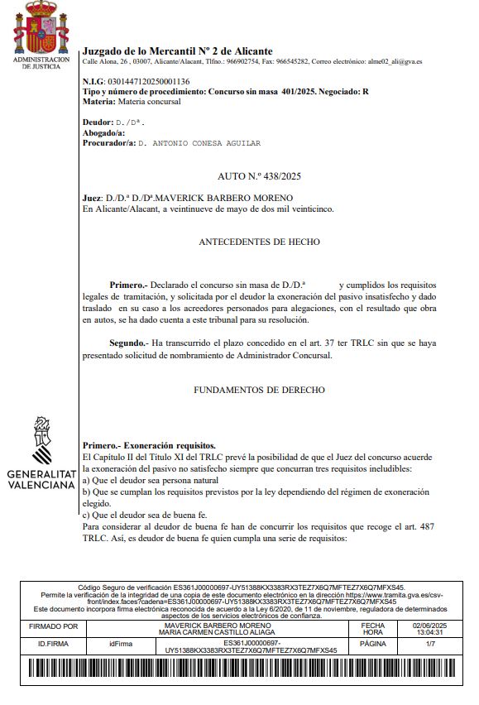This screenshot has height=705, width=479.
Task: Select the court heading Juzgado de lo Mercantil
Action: click(x=177, y=51)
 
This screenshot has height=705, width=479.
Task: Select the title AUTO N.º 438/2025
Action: click(x=259, y=176)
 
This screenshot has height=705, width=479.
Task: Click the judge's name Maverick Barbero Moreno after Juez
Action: click(x=223, y=198)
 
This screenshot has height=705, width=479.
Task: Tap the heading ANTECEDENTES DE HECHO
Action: click(x=259, y=242)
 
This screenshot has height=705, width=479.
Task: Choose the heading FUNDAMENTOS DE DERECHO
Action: click(x=259, y=389)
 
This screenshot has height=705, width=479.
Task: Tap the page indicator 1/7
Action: click(x=429, y=643)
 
